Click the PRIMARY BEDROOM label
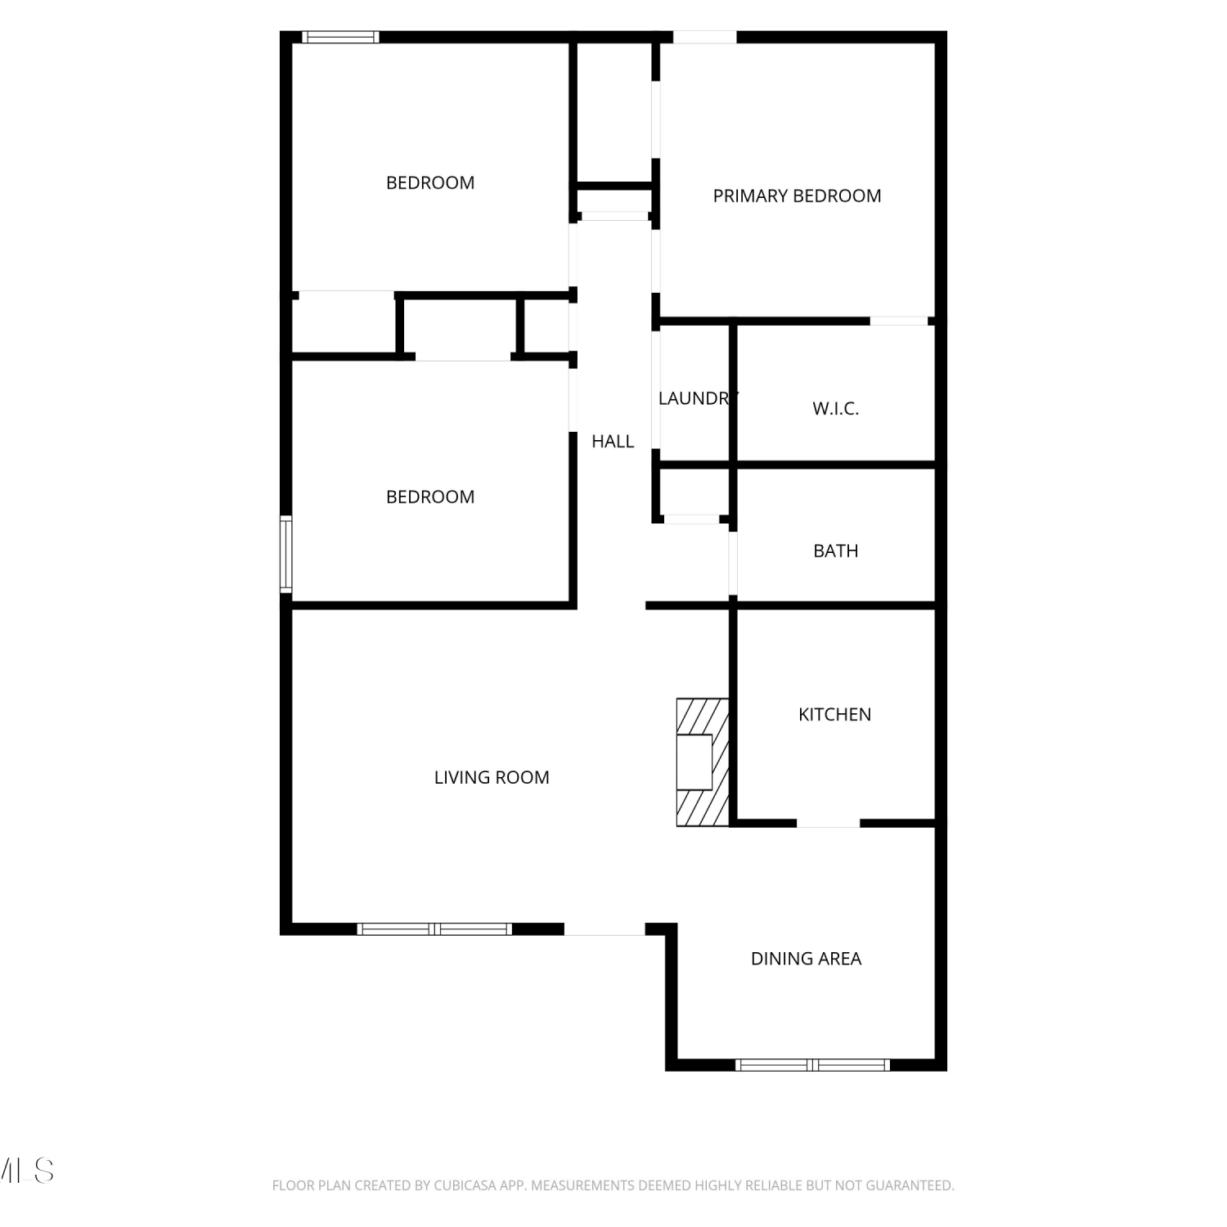click(x=797, y=196)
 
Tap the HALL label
click(x=613, y=442)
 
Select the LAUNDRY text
click(x=698, y=398)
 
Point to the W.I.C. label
click(x=835, y=409)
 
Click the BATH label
click(x=835, y=551)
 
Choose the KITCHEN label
click(x=834, y=715)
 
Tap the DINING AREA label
click(x=806, y=959)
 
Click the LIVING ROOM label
click(x=492, y=778)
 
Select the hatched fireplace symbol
click(x=703, y=762)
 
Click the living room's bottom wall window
click(x=434, y=929)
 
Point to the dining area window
click(x=812, y=1065)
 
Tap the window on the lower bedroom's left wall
click(x=286, y=554)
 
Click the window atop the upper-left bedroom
click(x=340, y=37)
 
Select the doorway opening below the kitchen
click(x=828, y=823)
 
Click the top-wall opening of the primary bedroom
click(x=704, y=37)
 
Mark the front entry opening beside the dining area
click(x=605, y=929)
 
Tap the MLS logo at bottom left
click(x=27, y=1171)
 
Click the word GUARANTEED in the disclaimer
click(x=908, y=1185)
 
